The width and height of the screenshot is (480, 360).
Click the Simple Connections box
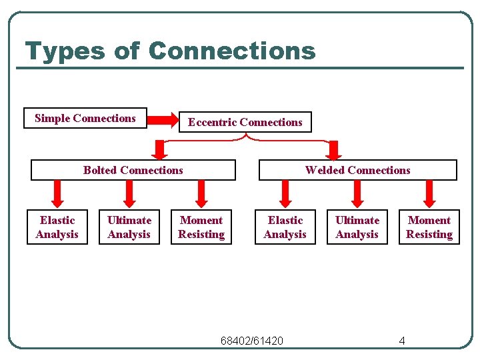[85, 118]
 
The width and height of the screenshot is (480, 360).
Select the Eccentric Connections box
[245, 122]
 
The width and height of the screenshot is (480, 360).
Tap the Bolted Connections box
[133, 170]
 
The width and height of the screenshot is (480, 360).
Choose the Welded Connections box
[357, 170]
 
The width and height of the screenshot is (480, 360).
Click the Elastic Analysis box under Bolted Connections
[57, 227]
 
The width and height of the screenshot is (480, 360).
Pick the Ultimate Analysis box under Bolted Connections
[129, 227]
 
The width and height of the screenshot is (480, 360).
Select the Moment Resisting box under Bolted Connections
[201, 227]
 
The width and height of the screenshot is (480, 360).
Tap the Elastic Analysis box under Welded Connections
[285, 227]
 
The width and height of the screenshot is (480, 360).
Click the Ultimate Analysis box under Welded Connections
[357, 227]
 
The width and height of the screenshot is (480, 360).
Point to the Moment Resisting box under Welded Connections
[429, 227]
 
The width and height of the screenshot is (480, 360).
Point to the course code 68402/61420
[252, 341]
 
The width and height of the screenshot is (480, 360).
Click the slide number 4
[402, 341]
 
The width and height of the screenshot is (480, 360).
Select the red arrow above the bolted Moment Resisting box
[201, 194]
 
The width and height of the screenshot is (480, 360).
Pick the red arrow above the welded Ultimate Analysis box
[357, 194]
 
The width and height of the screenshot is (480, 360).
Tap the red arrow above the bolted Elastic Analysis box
[57, 194]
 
